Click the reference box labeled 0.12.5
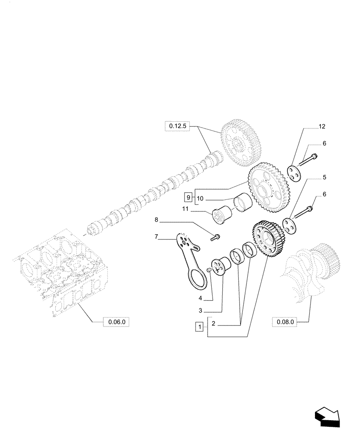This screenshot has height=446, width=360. [177, 127]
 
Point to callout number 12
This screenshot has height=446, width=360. [322, 127]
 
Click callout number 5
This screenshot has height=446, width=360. [324, 177]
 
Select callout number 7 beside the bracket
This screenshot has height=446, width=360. [156, 237]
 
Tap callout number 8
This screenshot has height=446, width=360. [156, 219]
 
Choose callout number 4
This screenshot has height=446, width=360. [200, 297]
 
